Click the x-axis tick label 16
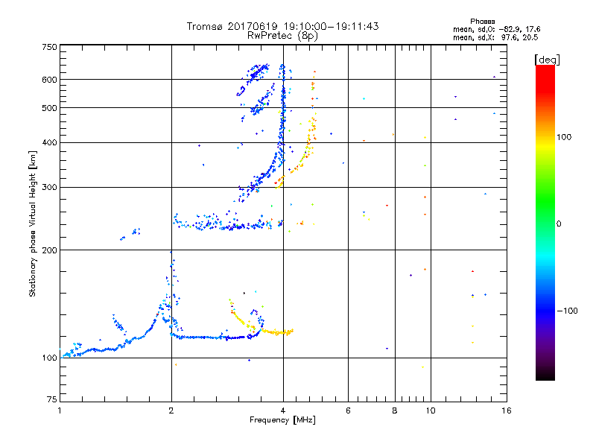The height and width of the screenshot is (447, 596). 506,410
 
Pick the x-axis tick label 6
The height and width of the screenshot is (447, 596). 348,410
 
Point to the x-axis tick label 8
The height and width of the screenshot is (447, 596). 394,410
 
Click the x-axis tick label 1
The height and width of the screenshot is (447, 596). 60,410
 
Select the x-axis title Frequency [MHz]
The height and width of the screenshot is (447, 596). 282,420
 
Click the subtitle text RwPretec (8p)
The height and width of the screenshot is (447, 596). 283,35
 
